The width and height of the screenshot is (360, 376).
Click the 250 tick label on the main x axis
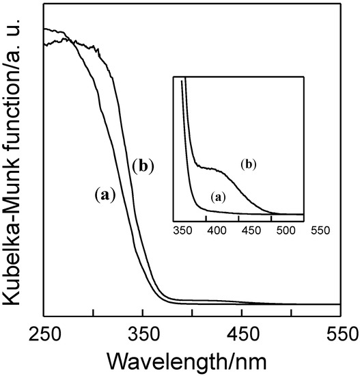44,334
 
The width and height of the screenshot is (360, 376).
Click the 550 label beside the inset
318,230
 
